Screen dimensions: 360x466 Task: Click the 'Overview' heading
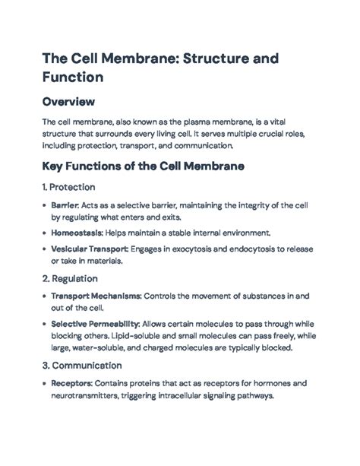point(68,101)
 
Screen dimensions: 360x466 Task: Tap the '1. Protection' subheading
point(68,187)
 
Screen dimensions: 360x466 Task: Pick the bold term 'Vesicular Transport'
point(89,248)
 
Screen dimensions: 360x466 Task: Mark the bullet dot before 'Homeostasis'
point(43,233)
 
